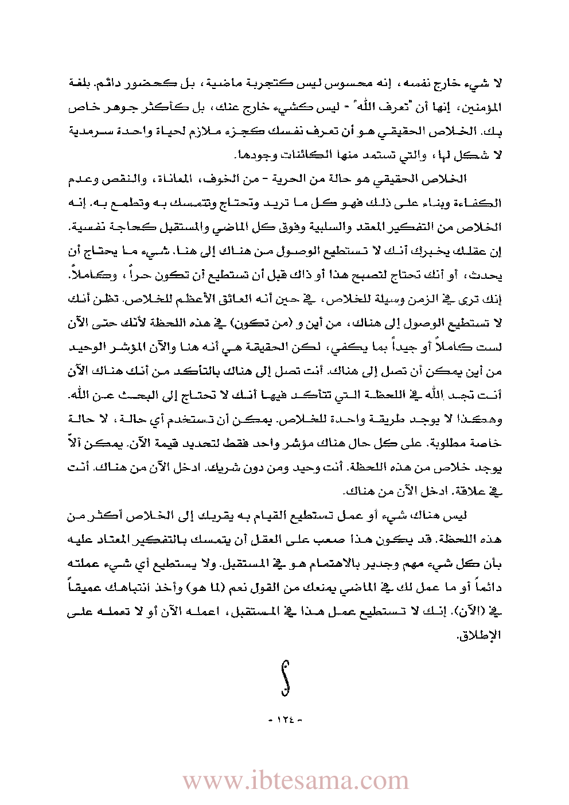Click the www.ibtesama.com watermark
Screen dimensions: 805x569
pyautogui.click(x=296, y=780)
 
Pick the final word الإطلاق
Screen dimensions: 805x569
pyautogui.click(x=485, y=636)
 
